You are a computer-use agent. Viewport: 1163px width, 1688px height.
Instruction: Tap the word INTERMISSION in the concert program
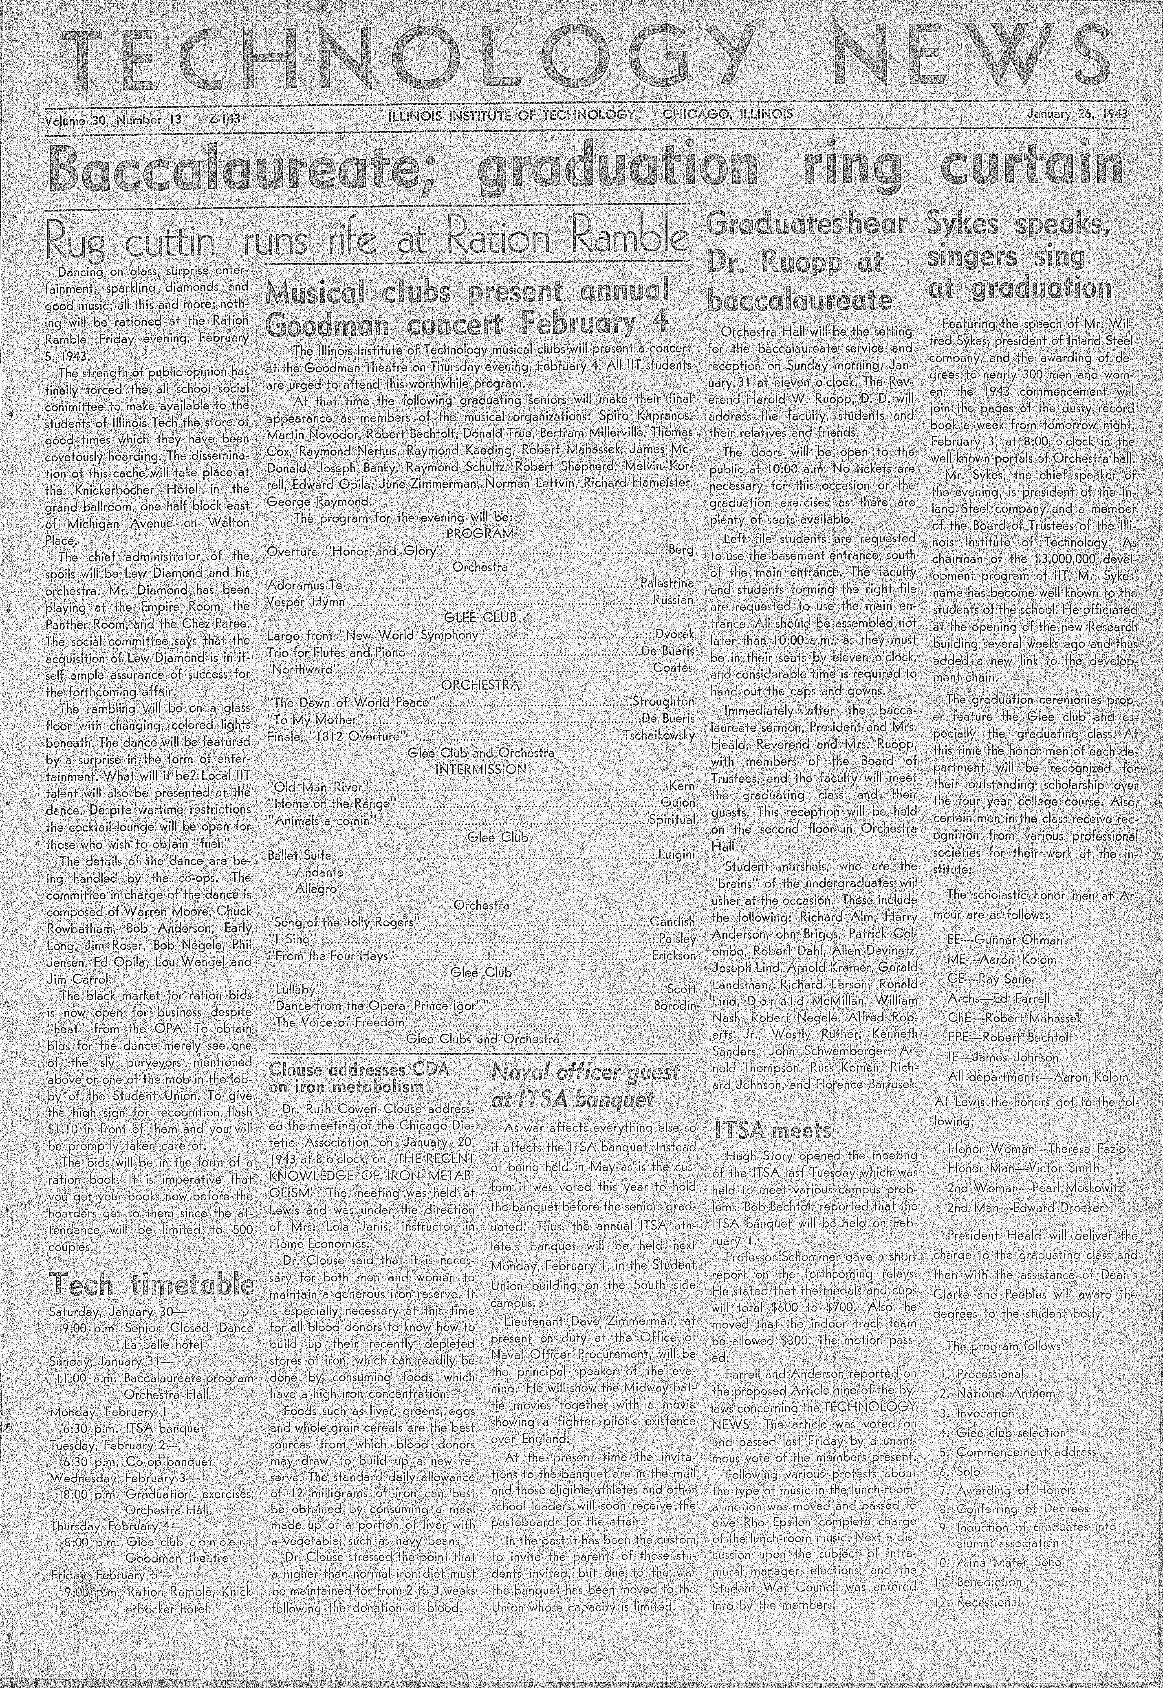(481, 769)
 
